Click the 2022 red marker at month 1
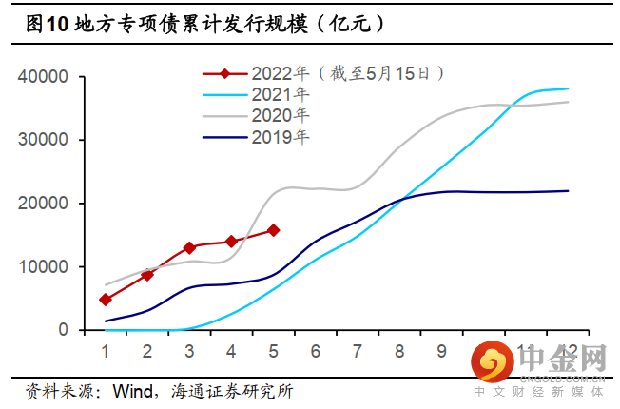[x=106, y=300]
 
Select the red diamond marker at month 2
[x=147, y=275]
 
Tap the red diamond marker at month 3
[x=189, y=247]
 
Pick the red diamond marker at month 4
[x=231, y=242]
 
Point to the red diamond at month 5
[x=274, y=230]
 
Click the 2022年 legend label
[x=281, y=72]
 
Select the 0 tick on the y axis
[x=63, y=330]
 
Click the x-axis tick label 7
[x=358, y=350]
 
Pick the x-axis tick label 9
[x=441, y=350]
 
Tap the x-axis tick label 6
[x=316, y=350]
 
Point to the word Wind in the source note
[x=133, y=391]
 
